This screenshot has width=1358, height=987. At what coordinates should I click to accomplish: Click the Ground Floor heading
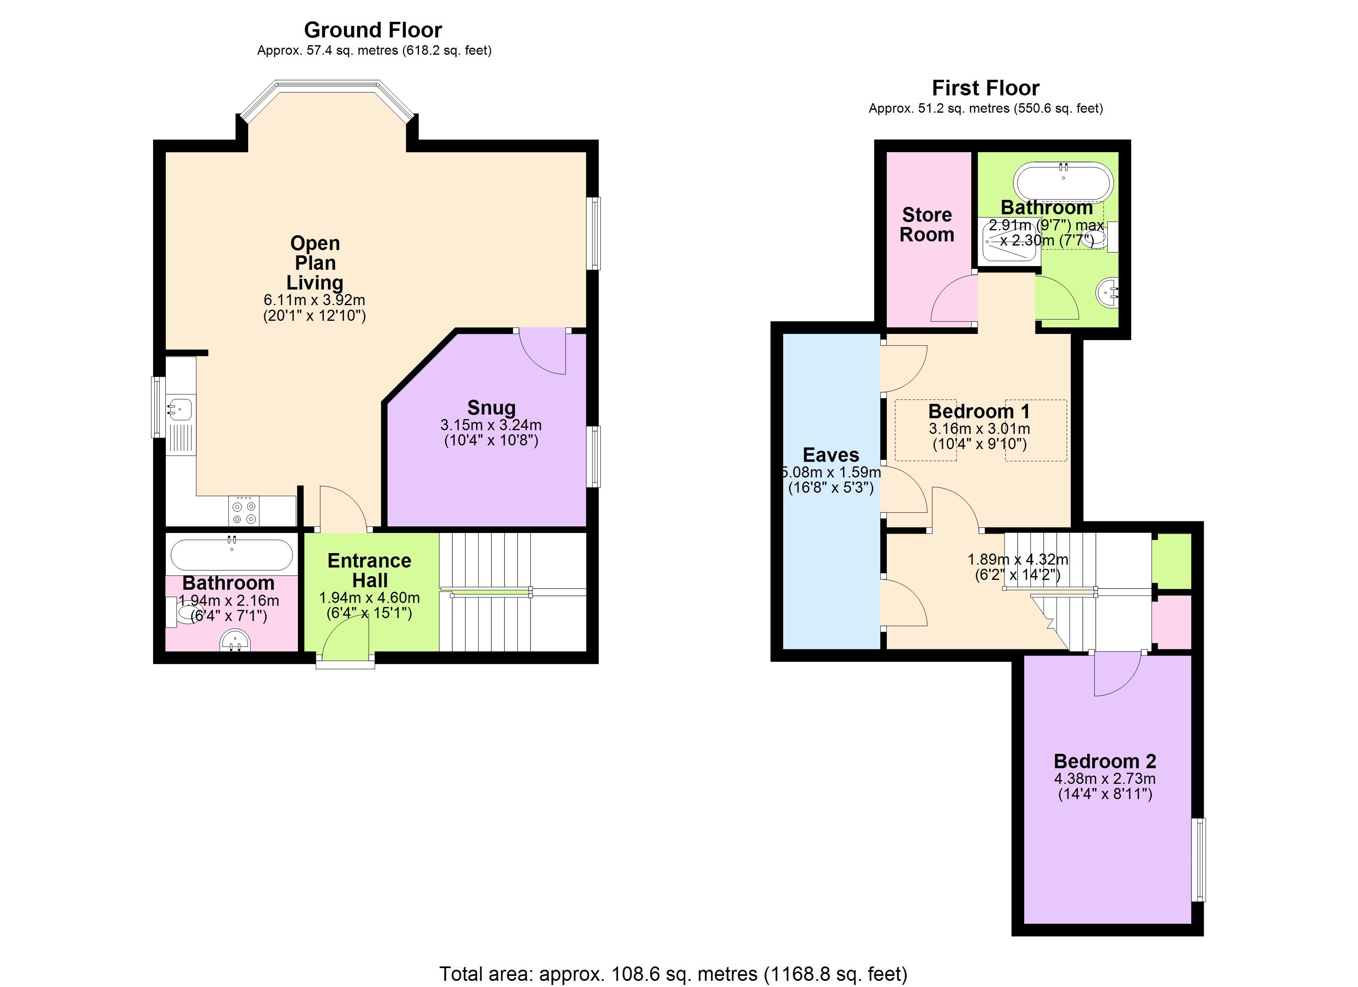tap(373, 30)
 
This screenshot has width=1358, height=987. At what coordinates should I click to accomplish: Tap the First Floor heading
tap(986, 88)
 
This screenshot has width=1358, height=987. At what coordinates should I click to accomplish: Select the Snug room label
tap(491, 408)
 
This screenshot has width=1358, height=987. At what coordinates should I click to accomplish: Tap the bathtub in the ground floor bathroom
tap(232, 554)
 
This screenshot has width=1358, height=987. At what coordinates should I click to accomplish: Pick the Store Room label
tap(927, 225)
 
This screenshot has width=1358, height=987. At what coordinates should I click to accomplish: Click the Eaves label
tap(831, 455)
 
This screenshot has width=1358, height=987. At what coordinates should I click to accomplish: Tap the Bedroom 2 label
tap(1105, 761)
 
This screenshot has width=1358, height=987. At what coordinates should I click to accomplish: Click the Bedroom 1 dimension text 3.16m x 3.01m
tap(979, 429)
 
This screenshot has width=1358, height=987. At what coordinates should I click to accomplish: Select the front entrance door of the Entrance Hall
tap(346, 637)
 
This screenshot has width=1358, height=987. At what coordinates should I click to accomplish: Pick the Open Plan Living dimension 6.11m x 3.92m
tap(314, 300)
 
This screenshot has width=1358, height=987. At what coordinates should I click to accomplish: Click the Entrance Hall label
tap(370, 570)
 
